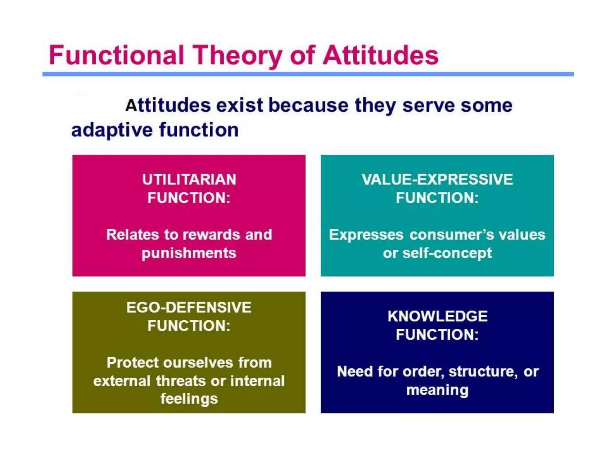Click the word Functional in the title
pyautogui.click(x=116, y=55)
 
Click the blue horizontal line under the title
pyautogui.click(x=308, y=74)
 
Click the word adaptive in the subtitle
pyautogui.click(x=112, y=130)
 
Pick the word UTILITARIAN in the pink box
pyautogui.click(x=189, y=179)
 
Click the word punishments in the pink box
pyautogui.click(x=189, y=253)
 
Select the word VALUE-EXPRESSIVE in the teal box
pyautogui.click(x=437, y=179)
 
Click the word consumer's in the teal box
pyautogui.click(x=452, y=235)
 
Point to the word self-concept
pyautogui.click(x=447, y=253)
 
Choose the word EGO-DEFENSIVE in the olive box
pyautogui.click(x=189, y=307)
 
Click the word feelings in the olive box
pyautogui.click(x=189, y=399)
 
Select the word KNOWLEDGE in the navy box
pyautogui.click(x=437, y=316)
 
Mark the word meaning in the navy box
pyautogui.click(x=437, y=390)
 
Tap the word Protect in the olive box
pyautogui.click(x=132, y=362)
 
